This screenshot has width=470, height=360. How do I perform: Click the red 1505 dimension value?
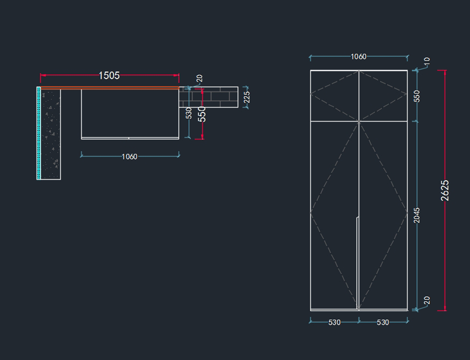109,76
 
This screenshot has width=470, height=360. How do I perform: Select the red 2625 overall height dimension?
445,190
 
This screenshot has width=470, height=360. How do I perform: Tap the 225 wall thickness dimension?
247,97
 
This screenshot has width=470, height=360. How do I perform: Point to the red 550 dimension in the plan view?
202,114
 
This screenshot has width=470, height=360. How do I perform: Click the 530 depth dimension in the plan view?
189,113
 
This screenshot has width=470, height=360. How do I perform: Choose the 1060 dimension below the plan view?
129,157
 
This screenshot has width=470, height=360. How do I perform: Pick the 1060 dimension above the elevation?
358,57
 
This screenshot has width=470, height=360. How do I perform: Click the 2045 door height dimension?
417,215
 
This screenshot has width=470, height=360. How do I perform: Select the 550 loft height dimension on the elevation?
417,96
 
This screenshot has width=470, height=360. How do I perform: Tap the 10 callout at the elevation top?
427,61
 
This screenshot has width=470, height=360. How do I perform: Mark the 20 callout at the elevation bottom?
427,300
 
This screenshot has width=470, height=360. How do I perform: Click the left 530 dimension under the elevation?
334,322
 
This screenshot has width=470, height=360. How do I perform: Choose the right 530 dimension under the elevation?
383,322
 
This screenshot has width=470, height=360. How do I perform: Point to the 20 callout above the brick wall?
199,78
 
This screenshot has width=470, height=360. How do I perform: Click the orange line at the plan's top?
110,88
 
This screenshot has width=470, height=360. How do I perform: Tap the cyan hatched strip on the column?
39,133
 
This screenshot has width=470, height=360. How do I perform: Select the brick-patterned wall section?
208,97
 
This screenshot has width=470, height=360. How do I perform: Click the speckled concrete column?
51,134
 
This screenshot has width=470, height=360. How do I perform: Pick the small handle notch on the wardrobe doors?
358,218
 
